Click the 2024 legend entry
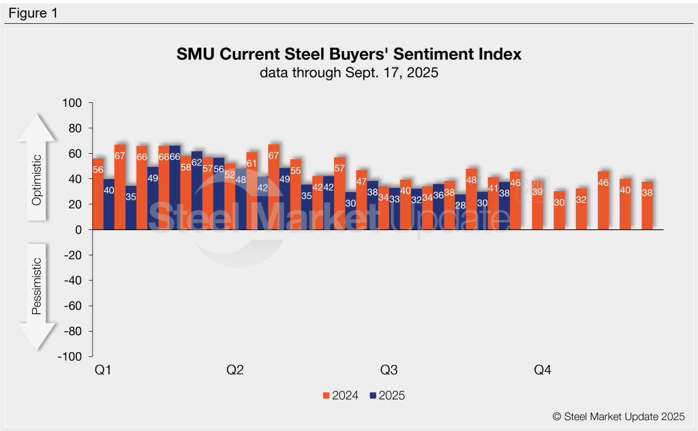[342, 395]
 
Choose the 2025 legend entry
[386, 395]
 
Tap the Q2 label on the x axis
[235, 370]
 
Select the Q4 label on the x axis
[543, 370]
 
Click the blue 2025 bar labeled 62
[197, 191]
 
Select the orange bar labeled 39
[537, 205]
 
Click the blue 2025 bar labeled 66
[175, 188]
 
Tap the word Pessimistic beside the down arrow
[37, 286]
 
